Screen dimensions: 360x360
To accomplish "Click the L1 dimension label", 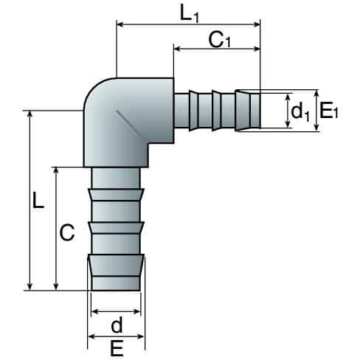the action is [x=189, y=13].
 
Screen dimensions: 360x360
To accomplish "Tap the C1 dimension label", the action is [x=220, y=40].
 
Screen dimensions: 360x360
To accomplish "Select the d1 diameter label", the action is [x=300, y=112].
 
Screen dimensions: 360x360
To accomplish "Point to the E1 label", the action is [x=328, y=111].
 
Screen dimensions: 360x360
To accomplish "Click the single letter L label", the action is [x=38, y=201].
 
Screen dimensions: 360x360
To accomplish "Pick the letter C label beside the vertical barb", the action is [x=67, y=232].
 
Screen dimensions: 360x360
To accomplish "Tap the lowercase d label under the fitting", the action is [x=117, y=325].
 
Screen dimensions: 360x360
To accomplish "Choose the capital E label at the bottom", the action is [x=117, y=348].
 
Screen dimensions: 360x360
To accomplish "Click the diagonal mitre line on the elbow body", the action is [x=129, y=123].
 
